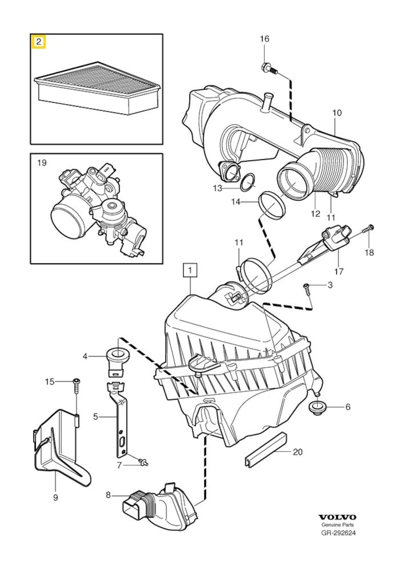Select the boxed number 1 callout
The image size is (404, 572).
point(190,271)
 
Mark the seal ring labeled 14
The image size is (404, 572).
point(272,205)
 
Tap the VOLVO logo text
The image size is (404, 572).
point(337,517)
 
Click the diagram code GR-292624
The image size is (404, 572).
point(338,533)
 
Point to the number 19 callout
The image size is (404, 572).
point(41,163)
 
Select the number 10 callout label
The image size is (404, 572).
point(337,113)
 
